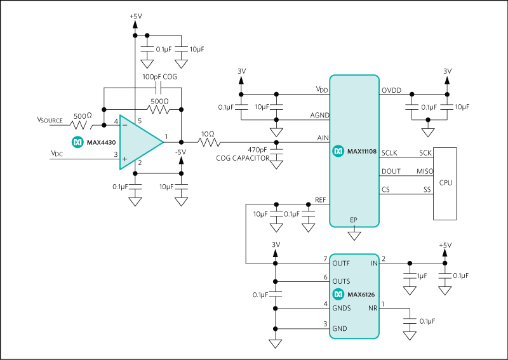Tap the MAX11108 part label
pyautogui.click(x=361, y=152)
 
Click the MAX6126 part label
pyautogui.click(x=361, y=295)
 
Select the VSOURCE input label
pyautogui.click(x=50, y=119)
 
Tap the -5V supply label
pyautogui.click(x=181, y=152)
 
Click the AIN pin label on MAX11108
pyautogui.click(x=322, y=138)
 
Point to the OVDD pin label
pyautogui.click(x=391, y=90)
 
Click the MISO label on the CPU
pyautogui.click(x=425, y=171)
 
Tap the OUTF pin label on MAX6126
pyautogui.click(x=341, y=262)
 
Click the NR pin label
pyautogui.click(x=373, y=309)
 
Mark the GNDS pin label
pyautogui.click(x=342, y=309)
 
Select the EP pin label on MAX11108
pyautogui.click(x=354, y=220)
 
